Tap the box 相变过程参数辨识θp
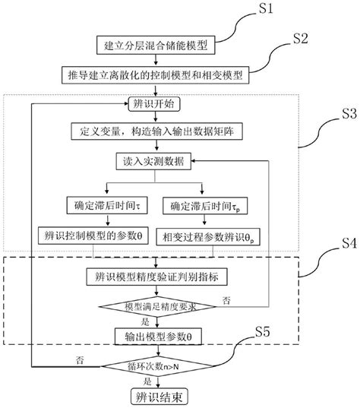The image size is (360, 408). (205, 235)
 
